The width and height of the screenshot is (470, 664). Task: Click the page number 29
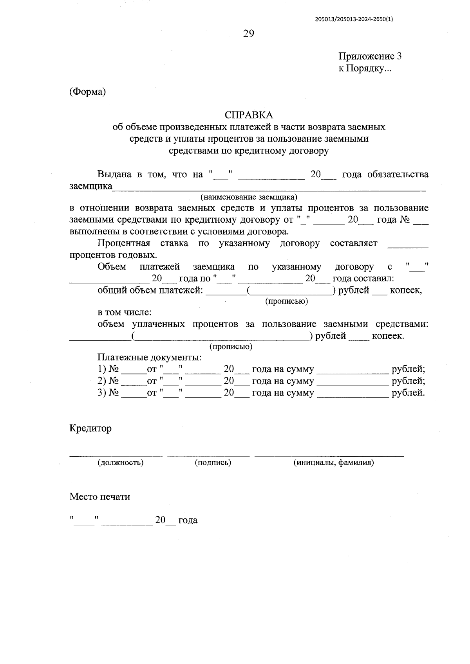coord(249,34)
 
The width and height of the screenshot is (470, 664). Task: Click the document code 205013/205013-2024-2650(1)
coord(353,18)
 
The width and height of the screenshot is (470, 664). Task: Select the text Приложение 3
coord(370,56)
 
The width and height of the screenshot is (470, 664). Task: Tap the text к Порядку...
coord(365,68)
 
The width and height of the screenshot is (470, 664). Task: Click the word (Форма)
coord(88,92)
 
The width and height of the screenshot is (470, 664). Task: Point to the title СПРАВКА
coord(249,115)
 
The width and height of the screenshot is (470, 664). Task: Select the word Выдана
coord(114,175)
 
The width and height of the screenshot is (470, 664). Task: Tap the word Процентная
coord(124,243)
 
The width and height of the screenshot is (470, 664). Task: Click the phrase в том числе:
coord(125,313)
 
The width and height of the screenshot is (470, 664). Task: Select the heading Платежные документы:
coord(150,357)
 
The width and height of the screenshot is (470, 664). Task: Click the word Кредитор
coord(90,428)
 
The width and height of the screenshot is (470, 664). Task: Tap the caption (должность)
coord(121,462)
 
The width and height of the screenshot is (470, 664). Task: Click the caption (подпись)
coord(213,462)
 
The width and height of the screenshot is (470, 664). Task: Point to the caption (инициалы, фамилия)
coord(333,462)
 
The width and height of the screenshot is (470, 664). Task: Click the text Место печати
coord(100,497)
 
